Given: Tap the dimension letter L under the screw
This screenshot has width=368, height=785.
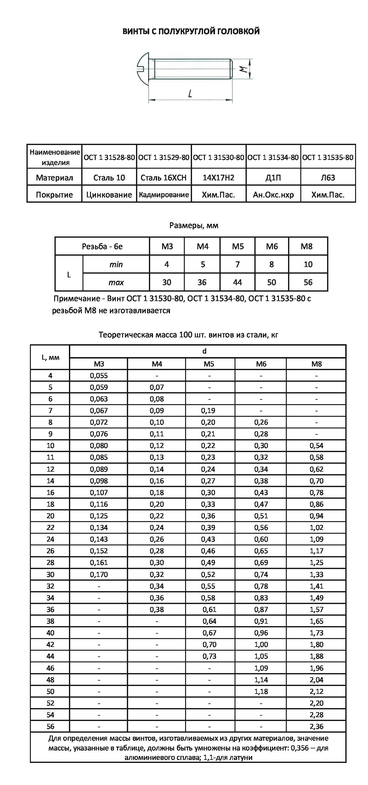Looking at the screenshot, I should click(190, 93).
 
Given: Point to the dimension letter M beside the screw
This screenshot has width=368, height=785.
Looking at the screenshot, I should click(242, 69).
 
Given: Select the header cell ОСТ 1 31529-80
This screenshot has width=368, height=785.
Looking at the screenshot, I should click(164, 157).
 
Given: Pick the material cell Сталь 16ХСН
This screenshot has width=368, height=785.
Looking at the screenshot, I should click(164, 178).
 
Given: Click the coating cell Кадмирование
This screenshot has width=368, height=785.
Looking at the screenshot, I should click(164, 195).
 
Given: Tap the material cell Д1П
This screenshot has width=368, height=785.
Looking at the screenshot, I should click(273, 178).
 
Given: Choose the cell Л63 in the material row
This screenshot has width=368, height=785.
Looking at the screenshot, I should click(328, 178).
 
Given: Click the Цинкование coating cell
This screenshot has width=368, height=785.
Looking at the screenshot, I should click(109, 195).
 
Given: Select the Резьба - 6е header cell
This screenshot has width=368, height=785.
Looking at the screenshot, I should click(102, 246).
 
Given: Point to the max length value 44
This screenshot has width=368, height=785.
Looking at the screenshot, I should click(237, 282).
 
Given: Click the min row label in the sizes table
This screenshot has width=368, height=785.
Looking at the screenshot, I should click(116, 264).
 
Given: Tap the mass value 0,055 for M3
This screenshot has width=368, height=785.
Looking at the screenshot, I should click(99, 375).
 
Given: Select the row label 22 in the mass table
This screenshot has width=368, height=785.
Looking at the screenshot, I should click(50, 527).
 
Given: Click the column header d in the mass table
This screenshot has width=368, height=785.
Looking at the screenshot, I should click(205, 351).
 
